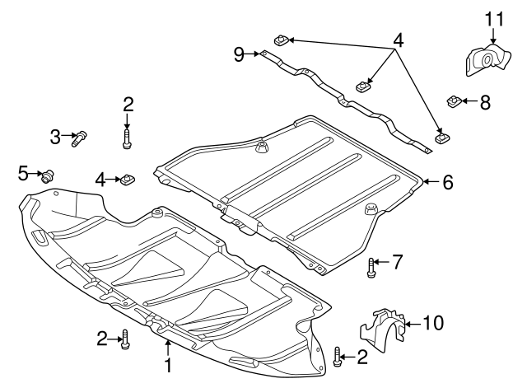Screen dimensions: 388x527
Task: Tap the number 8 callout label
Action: point(485,102)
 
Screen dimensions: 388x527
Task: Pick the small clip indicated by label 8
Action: point(454,101)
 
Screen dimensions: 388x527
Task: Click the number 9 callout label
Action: point(239,54)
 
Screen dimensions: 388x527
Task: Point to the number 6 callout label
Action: point(447,182)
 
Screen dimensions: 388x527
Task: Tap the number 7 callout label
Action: point(397,263)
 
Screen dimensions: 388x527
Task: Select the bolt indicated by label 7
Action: point(371,266)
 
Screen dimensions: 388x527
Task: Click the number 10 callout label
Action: point(436,323)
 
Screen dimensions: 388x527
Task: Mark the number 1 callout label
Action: point(168,362)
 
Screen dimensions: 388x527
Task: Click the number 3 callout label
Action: point(55,137)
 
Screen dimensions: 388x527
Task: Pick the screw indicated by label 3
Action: point(80,138)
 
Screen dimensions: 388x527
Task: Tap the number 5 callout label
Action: point(23,172)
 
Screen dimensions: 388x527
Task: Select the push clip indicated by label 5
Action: point(49,174)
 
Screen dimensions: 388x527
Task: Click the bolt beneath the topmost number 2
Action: point(127,138)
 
